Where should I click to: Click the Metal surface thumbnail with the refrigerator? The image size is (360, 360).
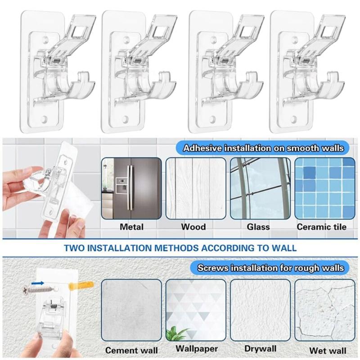[131, 188]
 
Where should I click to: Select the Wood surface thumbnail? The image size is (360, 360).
[196, 188]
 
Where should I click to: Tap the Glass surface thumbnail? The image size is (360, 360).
[261, 188]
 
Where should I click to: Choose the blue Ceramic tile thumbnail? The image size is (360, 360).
[325, 188]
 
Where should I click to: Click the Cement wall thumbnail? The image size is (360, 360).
[131, 310]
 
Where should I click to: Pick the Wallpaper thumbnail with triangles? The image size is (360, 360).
[196, 310]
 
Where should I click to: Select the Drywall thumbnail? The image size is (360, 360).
[261, 310]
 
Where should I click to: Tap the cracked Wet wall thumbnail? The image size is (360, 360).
[325, 310]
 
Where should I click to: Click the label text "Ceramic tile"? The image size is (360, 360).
[321, 227]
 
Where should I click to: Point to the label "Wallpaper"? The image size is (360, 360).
[197, 349]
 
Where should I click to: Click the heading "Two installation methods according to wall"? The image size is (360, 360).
[180, 248]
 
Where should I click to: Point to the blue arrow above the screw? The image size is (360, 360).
[37, 283]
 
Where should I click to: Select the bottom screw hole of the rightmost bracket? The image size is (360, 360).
[294, 119]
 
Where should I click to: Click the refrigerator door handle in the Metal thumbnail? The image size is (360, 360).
[130, 188]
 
